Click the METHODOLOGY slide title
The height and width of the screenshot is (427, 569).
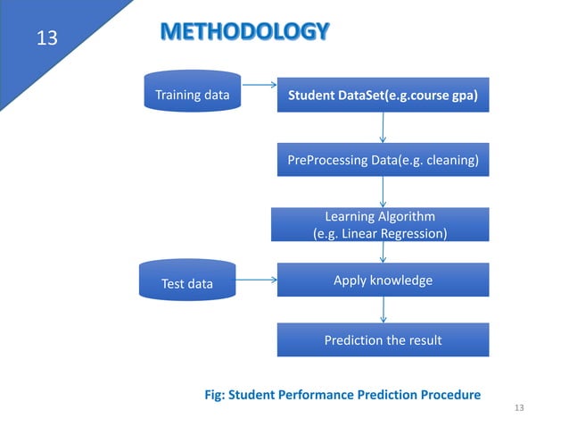click(244, 33)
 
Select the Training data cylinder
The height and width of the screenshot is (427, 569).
click(192, 95)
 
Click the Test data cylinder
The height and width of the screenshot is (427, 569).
click(187, 283)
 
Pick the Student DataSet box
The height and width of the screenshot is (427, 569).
click(383, 95)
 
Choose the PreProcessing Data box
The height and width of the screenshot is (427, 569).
click(383, 161)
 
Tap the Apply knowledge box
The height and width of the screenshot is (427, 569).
click(383, 280)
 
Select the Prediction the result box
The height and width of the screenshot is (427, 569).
click(383, 339)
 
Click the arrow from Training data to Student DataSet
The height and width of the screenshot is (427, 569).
click(259, 87)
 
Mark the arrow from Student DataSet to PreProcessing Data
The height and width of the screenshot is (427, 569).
click(383, 128)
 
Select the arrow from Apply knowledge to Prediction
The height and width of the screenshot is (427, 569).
click(383, 309)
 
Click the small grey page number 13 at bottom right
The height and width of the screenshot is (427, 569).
click(521, 407)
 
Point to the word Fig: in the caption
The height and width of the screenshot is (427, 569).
click(218, 394)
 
